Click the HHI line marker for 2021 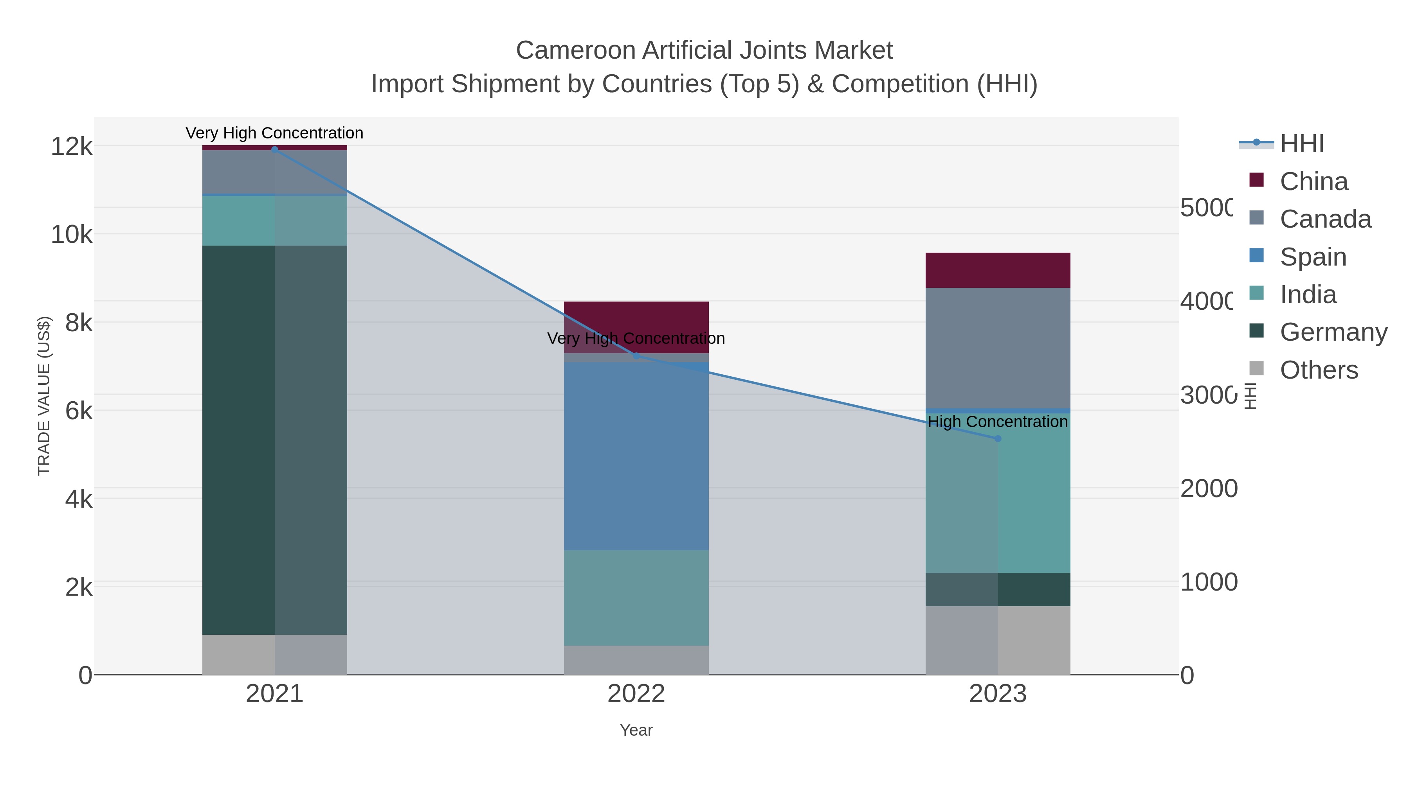[275, 149]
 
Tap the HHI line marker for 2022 [636, 356]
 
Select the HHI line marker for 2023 [998, 438]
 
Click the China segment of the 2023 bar [998, 270]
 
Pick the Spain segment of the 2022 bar [636, 456]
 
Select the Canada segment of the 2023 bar [998, 348]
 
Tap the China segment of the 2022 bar [636, 317]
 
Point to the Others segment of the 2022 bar [636, 660]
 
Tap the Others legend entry [1318, 370]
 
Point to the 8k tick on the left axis [79, 323]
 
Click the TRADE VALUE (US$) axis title [44, 396]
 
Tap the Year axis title [636, 730]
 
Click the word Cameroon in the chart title [575, 50]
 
